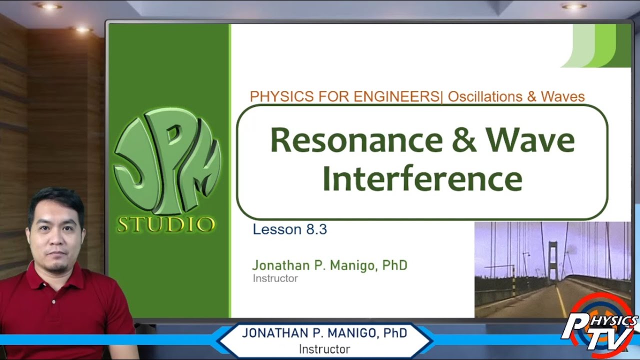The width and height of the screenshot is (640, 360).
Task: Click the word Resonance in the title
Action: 356,140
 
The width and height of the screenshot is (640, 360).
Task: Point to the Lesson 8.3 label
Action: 289,229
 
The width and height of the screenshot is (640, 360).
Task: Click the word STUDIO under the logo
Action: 166,224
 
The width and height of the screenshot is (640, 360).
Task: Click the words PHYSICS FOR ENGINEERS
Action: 345,96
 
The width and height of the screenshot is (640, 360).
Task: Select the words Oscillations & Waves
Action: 516,96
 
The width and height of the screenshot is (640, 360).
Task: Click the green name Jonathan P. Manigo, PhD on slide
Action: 329,265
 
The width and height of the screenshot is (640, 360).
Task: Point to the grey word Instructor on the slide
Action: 275,278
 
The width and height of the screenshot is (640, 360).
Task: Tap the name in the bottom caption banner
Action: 324,333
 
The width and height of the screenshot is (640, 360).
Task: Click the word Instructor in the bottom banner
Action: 324,349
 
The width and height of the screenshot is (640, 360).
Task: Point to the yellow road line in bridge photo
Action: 561,300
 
